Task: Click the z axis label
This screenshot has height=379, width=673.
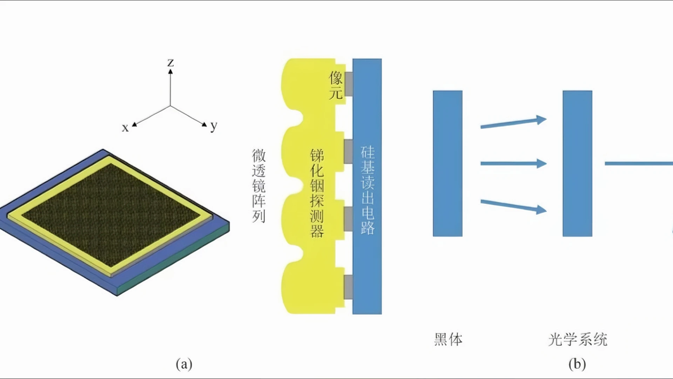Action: pyautogui.click(x=171, y=63)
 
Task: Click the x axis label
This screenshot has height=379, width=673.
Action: pyautogui.click(x=125, y=128)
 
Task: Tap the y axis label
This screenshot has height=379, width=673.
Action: pyautogui.click(x=214, y=126)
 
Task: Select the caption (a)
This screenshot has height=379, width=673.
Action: pyautogui.click(x=184, y=364)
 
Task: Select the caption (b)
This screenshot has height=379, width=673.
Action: pyautogui.click(x=577, y=364)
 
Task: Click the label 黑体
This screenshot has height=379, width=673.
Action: pyautogui.click(x=448, y=339)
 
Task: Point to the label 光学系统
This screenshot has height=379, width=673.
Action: pyautogui.click(x=578, y=339)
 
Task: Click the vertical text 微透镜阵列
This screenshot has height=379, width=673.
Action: pyautogui.click(x=259, y=186)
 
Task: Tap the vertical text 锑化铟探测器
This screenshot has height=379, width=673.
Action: pyautogui.click(x=317, y=193)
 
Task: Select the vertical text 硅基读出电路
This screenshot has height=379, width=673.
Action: pyautogui.click(x=368, y=190)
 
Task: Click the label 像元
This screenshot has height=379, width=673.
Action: pyautogui.click(x=336, y=85)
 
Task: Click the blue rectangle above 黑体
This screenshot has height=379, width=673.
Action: pyautogui.click(x=448, y=164)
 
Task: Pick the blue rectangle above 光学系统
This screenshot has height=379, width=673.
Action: pyautogui.click(x=577, y=164)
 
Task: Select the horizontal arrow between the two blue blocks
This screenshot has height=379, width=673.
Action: pyautogui.click(x=513, y=163)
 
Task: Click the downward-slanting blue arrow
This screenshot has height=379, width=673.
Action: pyautogui.click(x=513, y=207)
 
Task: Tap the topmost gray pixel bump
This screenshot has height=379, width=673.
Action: pyautogui.click(x=348, y=84)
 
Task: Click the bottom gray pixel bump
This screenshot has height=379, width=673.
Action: pyautogui.click(x=348, y=287)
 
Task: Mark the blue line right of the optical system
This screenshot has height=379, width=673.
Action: pyautogui.click(x=639, y=163)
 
